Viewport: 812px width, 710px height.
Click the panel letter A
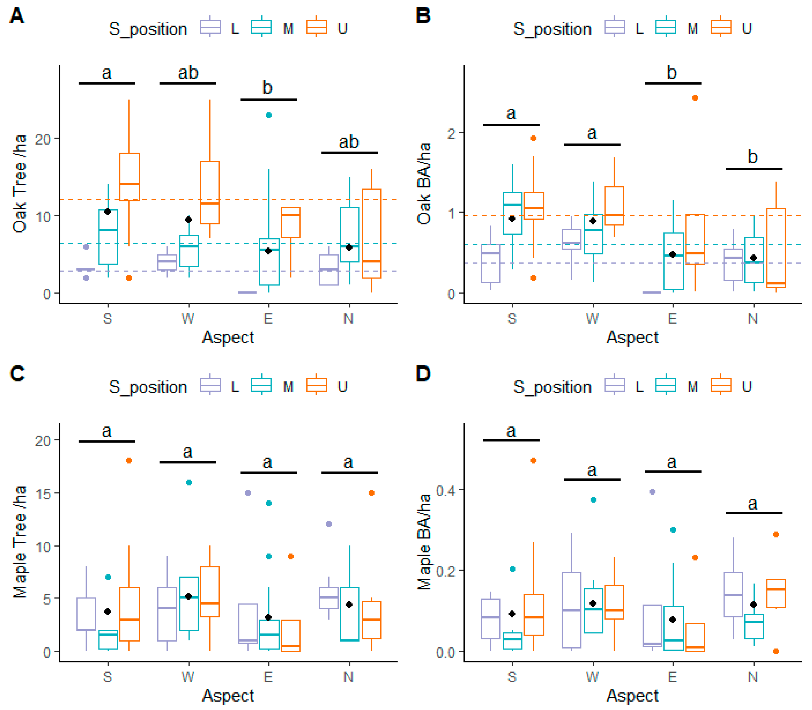(17, 17)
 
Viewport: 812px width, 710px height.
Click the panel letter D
(423, 374)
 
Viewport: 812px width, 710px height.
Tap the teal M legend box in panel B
(666, 27)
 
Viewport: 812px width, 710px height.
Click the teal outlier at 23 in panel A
(269, 115)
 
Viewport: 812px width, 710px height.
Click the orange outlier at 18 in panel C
(129, 460)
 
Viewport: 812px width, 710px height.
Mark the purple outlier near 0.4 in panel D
(652, 492)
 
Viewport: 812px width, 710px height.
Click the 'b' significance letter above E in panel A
(268, 87)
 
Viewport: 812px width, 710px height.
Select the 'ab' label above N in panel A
(349, 142)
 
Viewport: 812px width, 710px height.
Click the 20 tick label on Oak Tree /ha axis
(43, 139)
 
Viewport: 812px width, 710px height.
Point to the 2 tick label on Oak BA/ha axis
(451, 133)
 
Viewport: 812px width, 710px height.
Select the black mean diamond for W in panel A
(189, 219)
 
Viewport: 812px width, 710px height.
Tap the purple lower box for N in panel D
(733, 594)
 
